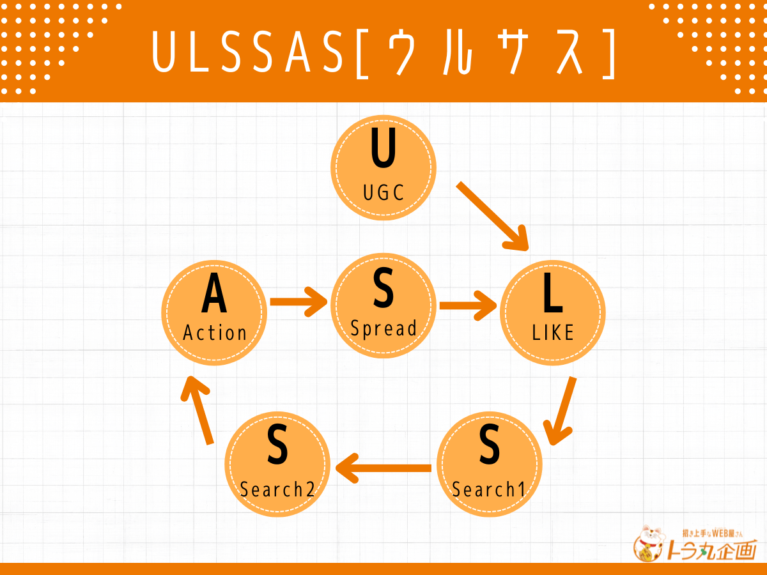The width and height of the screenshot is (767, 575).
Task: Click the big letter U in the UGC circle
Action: click(x=383, y=149)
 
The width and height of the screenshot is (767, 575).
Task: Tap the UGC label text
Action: click(x=383, y=192)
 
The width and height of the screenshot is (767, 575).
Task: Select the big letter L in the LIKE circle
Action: click(x=552, y=293)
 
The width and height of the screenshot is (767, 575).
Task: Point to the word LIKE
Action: click(x=553, y=332)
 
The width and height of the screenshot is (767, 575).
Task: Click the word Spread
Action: click(x=383, y=328)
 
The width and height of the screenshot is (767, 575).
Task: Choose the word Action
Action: click(x=215, y=332)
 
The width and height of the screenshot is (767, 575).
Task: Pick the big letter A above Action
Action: click(x=214, y=296)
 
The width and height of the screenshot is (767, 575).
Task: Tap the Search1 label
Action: click(x=488, y=489)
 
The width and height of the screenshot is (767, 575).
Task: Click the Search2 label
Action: click(x=277, y=489)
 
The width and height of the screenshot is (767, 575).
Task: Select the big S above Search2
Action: click(x=277, y=447)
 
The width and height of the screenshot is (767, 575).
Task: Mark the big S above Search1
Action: click(x=489, y=447)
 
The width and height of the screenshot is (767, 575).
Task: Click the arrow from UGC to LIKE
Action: click(x=493, y=217)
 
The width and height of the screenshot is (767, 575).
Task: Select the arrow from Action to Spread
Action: click(x=298, y=301)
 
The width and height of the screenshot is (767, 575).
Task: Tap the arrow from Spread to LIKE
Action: click(x=469, y=305)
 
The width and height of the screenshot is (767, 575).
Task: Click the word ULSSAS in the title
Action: click(x=251, y=51)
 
